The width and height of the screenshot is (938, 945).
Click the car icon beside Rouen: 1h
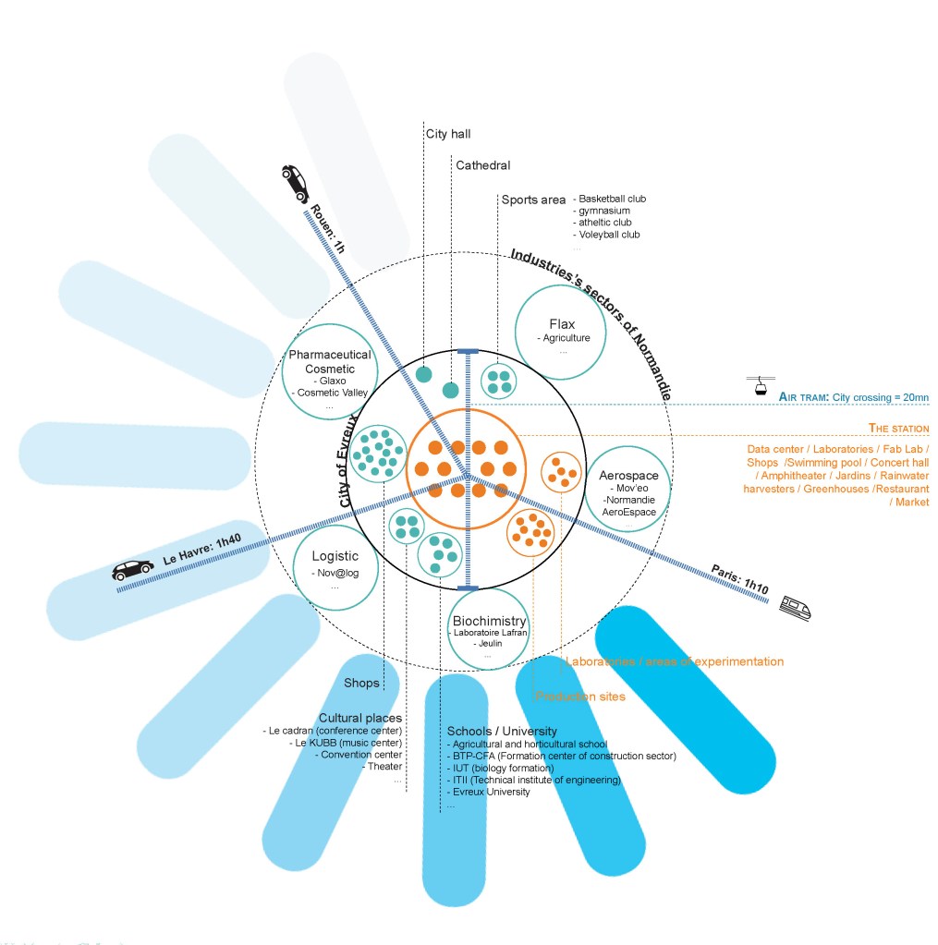pyautogui.click(x=296, y=182)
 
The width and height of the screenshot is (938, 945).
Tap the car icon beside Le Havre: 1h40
pyautogui.click(x=133, y=570)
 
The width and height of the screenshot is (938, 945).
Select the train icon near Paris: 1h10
pyautogui.click(x=794, y=606)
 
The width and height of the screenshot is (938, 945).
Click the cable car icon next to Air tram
pyautogui.click(x=759, y=386)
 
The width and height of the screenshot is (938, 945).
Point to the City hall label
pyautogui.click(x=448, y=134)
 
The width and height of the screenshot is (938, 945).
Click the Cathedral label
pyautogui.click(x=482, y=165)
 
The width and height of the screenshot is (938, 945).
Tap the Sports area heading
pyautogui.click(x=533, y=200)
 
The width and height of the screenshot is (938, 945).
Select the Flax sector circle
pyautogui.click(x=561, y=333)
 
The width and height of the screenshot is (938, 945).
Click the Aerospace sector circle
pyautogui.click(x=628, y=487)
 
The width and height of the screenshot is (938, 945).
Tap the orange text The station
pyautogui.click(x=898, y=428)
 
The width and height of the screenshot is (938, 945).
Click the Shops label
pyautogui.click(x=362, y=683)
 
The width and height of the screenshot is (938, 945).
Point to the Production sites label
pyautogui.click(x=579, y=696)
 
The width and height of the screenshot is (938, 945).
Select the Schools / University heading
pyautogui.click(x=502, y=731)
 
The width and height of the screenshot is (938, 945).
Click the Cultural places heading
pyautogui.click(x=360, y=718)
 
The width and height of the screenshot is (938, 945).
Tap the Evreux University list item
pyautogui.click(x=490, y=792)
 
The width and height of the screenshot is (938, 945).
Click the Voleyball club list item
pyautogui.click(x=609, y=235)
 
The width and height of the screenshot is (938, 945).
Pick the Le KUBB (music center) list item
pyautogui.click(x=347, y=743)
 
